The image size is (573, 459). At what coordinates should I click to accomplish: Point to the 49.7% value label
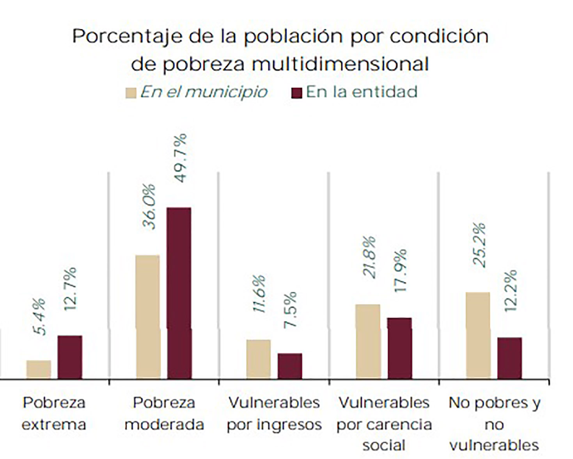[x=181, y=158]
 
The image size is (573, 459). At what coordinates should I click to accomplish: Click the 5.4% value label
[x=39, y=316]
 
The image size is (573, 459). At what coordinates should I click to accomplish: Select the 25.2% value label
[x=479, y=245]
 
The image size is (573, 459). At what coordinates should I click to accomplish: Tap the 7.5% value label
[x=290, y=310]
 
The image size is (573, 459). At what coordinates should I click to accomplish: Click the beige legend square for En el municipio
[x=131, y=93]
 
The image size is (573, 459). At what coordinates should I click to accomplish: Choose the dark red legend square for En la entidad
[x=297, y=93]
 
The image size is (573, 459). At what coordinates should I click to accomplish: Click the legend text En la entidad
[x=362, y=92]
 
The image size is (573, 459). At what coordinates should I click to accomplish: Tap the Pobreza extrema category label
[x=54, y=413]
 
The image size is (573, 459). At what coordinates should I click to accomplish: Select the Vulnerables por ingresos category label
[x=274, y=413]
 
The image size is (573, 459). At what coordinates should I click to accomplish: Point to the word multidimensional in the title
[x=340, y=64]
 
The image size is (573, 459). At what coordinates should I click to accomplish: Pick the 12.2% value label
[x=511, y=290]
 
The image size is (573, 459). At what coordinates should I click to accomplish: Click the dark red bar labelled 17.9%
[x=399, y=348]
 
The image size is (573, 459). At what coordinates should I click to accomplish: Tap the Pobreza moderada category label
[x=164, y=413]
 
